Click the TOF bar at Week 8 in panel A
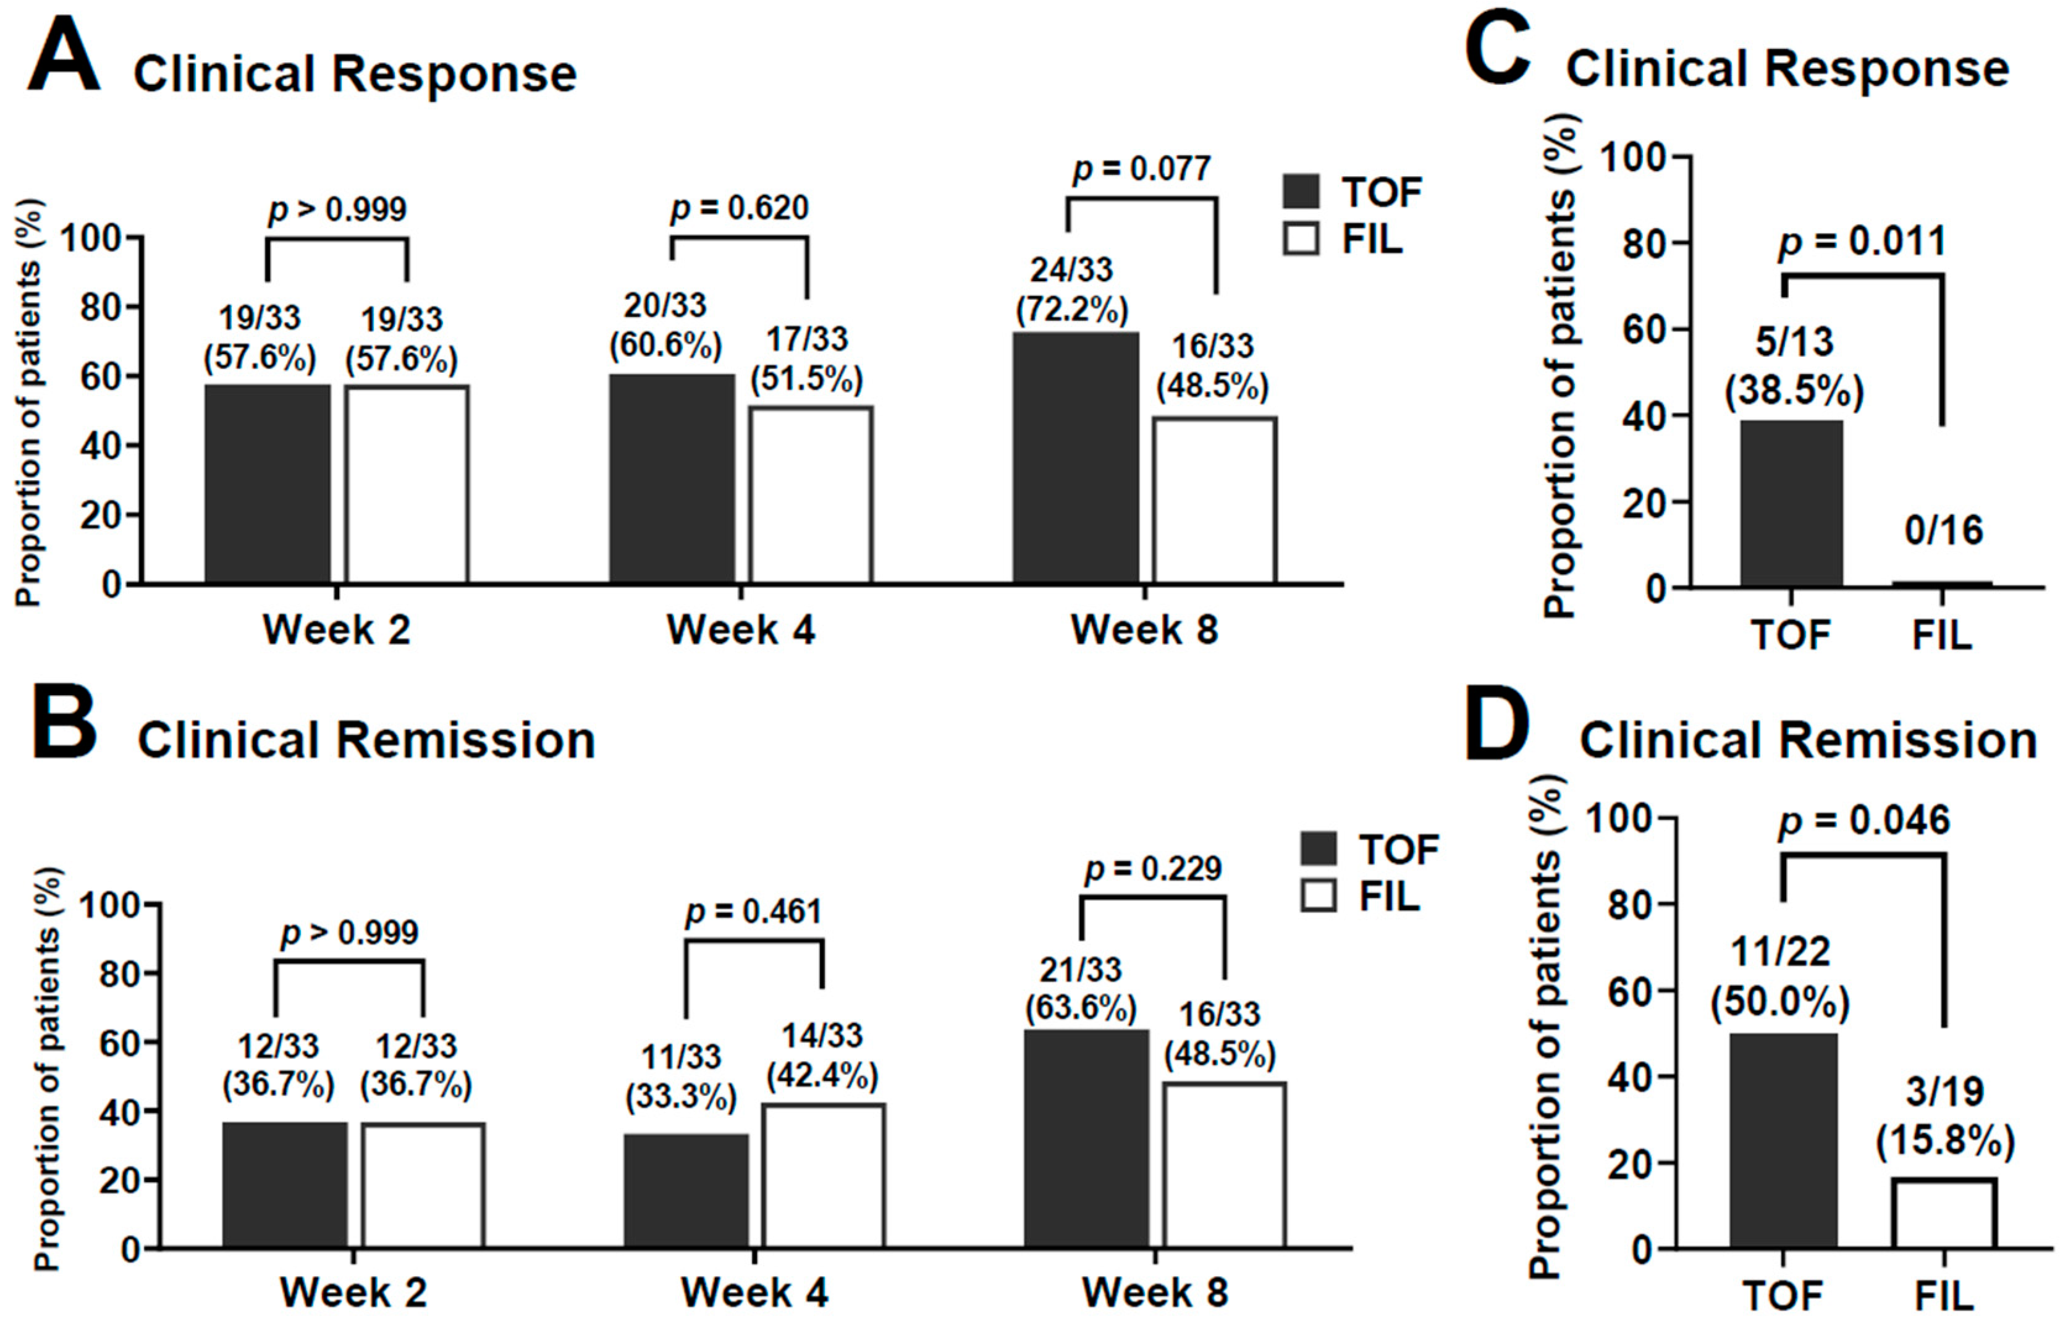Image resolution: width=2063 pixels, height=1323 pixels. pyautogui.click(x=1076, y=458)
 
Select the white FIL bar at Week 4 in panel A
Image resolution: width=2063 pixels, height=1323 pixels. pyautogui.click(x=811, y=495)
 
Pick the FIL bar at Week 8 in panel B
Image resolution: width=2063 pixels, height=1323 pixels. pyautogui.click(x=1225, y=1165)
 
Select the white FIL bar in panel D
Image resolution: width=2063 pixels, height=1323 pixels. pyautogui.click(x=1944, y=1212)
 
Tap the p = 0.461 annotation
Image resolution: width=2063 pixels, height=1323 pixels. pyautogui.click(x=753, y=912)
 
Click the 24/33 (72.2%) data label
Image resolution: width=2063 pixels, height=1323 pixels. pyautogui.click(x=1072, y=290)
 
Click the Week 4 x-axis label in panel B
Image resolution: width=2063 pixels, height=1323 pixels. pyautogui.click(x=754, y=1292)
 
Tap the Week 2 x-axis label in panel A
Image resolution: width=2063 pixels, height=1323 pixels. pyautogui.click(x=336, y=630)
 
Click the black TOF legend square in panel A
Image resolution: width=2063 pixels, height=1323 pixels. pyautogui.click(x=1301, y=191)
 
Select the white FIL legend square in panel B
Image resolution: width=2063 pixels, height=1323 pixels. pyautogui.click(x=1318, y=896)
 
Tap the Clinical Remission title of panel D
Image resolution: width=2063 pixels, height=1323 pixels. pyautogui.click(x=1808, y=740)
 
